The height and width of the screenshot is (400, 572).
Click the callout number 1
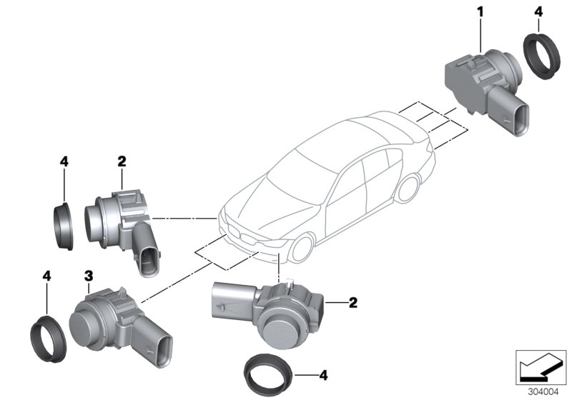(481, 11)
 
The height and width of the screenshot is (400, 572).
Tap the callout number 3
(88, 275)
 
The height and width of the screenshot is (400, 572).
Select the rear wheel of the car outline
(408, 187)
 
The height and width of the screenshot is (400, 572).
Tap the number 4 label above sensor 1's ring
(538, 11)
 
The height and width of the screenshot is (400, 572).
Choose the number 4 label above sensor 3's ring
(46, 275)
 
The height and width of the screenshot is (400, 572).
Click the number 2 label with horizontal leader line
(352, 302)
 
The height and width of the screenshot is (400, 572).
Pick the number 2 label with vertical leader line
(122, 162)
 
